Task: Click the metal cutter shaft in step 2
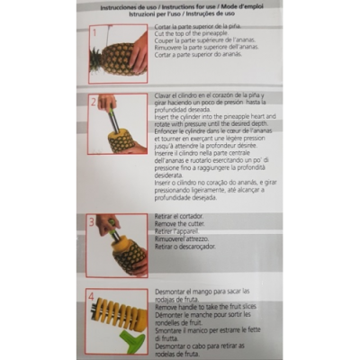(116, 117)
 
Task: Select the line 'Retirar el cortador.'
(186, 217)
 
